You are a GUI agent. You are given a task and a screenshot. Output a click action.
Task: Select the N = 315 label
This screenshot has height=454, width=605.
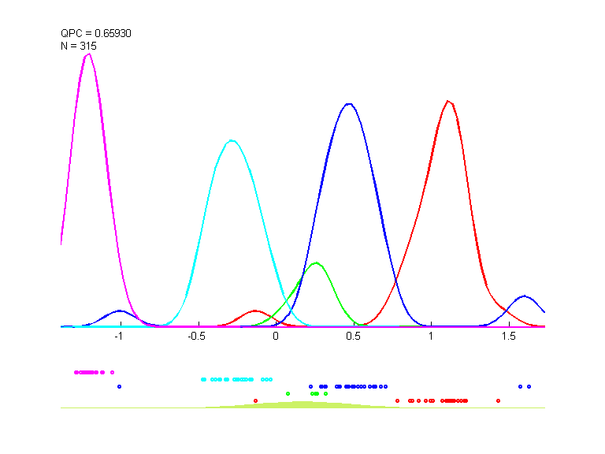pyautogui.click(x=79, y=46)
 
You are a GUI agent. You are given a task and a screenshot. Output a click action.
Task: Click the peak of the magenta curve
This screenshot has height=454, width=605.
pyautogui.click(x=88, y=54)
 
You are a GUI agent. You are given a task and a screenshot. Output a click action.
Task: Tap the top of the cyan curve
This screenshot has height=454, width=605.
pyautogui.click(x=231, y=140)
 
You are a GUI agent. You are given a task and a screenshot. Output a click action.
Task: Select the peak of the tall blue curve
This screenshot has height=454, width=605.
pyautogui.click(x=348, y=103)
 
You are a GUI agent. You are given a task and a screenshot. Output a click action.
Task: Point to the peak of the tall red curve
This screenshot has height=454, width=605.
pyautogui.click(x=448, y=101)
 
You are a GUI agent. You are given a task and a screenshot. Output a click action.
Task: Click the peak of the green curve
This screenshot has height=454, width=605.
pyautogui.click(x=316, y=262)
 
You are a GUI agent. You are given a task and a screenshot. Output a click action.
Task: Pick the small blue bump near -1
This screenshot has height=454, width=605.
pyautogui.click(x=119, y=311)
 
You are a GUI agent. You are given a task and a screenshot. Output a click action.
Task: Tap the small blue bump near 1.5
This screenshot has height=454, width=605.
pyautogui.click(x=525, y=296)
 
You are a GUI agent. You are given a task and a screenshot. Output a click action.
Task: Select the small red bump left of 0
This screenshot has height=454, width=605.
pyautogui.click(x=255, y=311)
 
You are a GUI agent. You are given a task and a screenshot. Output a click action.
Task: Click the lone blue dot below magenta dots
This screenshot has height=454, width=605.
pyautogui.click(x=119, y=386)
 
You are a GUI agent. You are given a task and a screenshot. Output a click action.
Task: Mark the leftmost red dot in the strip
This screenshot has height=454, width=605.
pyautogui.click(x=255, y=400)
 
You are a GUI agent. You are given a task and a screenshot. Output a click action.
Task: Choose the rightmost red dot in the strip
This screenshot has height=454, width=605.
pyautogui.click(x=498, y=400)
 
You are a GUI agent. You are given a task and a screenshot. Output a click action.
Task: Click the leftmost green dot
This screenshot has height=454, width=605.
pyautogui.click(x=288, y=393)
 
